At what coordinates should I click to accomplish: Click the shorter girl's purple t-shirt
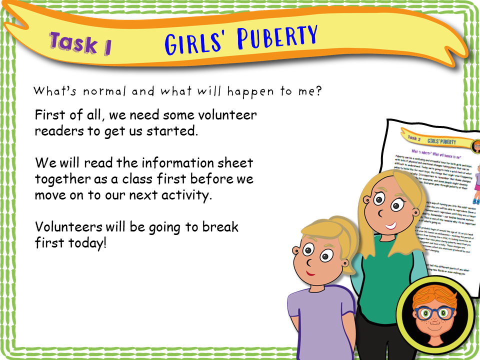coord(320,320)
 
